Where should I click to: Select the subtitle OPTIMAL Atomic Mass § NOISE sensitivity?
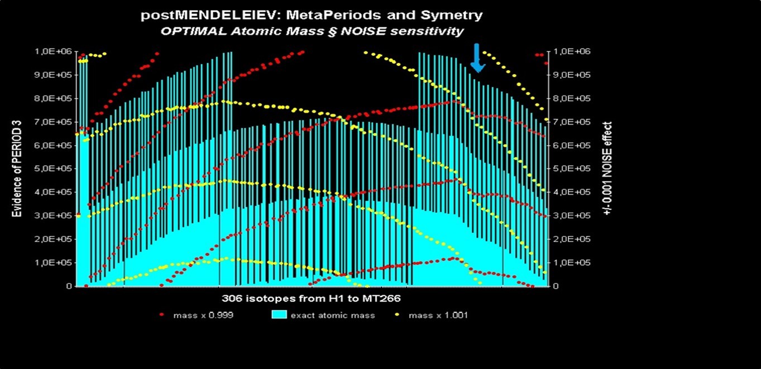312,31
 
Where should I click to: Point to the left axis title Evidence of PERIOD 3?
17,169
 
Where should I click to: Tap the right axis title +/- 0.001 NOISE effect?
608,169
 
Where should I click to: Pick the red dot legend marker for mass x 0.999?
162,315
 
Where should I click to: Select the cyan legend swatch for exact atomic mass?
279,315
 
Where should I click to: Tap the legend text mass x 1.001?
438,315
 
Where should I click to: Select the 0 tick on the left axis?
69,286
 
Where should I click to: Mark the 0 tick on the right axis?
556,286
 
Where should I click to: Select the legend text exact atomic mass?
333,315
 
